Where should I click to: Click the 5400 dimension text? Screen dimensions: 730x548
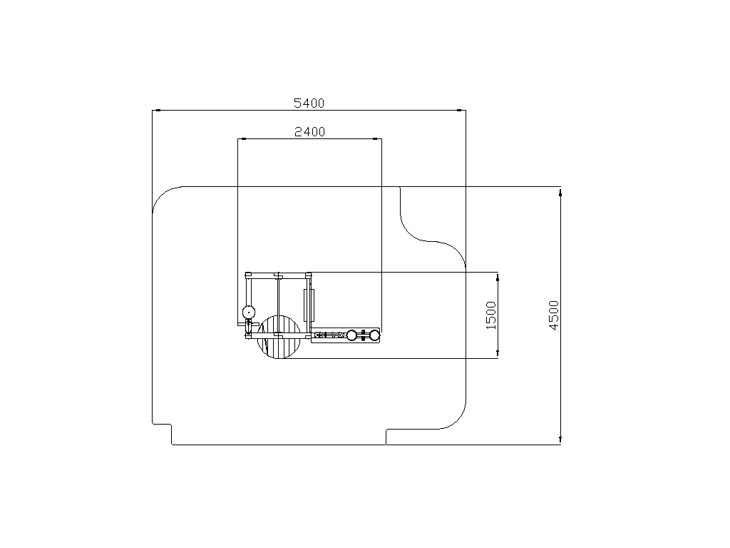(309, 103)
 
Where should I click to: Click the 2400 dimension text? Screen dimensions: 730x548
(309, 132)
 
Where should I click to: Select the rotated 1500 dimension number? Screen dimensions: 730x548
(491, 315)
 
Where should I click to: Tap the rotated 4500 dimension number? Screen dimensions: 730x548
(553, 315)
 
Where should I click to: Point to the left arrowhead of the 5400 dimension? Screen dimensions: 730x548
(157, 111)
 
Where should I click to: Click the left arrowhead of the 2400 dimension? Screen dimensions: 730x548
(242, 139)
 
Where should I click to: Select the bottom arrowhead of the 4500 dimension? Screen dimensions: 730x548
(560, 440)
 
